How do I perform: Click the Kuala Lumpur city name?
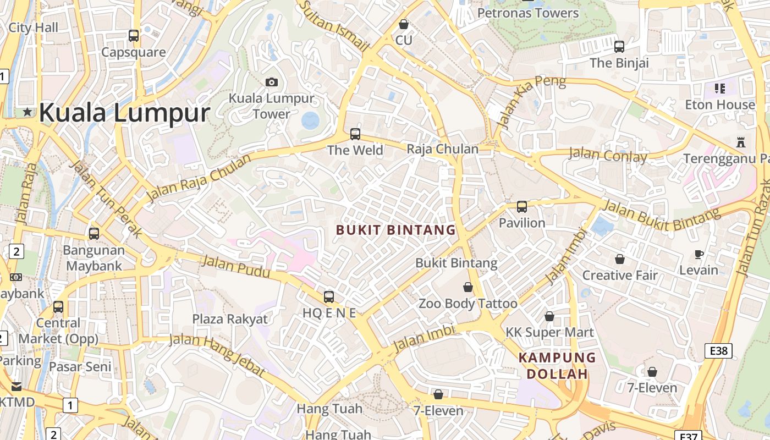(124, 113)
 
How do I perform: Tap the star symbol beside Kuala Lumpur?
(28, 112)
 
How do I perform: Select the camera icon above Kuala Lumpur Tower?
(272, 82)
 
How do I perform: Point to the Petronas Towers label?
(528, 13)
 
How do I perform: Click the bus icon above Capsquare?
(134, 36)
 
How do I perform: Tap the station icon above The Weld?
(355, 134)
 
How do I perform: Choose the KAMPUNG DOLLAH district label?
(557, 366)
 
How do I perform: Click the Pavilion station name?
(522, 223)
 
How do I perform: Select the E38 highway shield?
(718, 350)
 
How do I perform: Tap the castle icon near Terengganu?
(741, 142)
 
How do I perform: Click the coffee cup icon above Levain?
(699, 254)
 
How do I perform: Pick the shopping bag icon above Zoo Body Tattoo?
(468, 287)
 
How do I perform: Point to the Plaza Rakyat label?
(230, 319)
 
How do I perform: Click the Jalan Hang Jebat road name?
(217, 354)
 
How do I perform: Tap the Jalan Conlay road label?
(608, 156)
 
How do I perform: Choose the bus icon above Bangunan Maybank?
(94, 233)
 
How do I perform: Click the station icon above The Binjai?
(619, 47)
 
